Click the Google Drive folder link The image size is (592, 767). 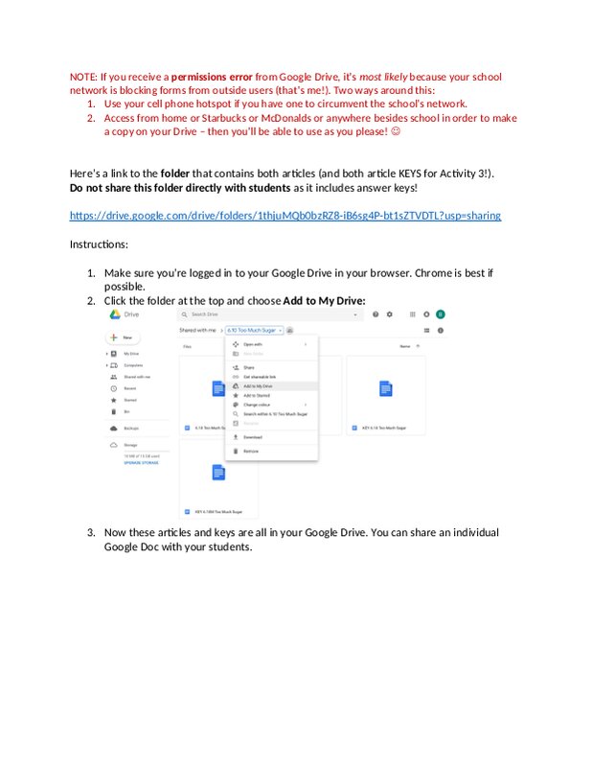(285, 216)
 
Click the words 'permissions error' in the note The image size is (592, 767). (212, 77)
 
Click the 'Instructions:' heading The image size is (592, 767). (99, 244)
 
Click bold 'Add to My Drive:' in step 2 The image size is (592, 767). (324, 300)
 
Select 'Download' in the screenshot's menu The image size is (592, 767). (253, 437)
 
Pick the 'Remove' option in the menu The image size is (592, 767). (251, 451)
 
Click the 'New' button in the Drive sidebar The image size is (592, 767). (125, 337)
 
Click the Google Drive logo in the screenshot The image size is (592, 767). (113, 314)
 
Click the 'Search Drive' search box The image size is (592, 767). (268, 314)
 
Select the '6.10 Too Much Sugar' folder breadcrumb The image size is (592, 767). (254, 330)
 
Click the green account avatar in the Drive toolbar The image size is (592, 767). (441, 314)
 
